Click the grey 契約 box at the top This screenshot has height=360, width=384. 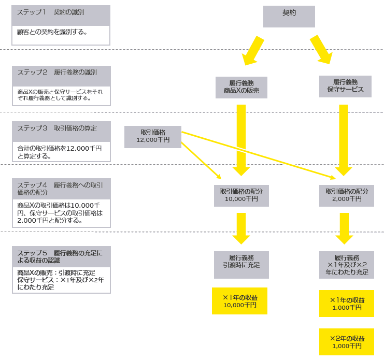point(289,16)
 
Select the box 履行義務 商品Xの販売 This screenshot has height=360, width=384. point(241,88)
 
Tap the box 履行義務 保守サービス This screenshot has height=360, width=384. point(345,87)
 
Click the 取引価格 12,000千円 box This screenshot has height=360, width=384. point(153,137)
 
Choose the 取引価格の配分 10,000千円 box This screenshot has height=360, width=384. point(241,195)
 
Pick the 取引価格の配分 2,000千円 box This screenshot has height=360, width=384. point(347,195)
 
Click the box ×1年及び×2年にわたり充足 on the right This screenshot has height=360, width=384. point(347,265)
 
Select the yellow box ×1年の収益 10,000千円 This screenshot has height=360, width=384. point(239,301)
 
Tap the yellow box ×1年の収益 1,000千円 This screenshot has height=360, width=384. point(347,303)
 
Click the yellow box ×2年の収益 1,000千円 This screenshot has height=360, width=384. point(347,341)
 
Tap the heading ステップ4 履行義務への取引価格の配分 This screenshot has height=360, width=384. point(61,189)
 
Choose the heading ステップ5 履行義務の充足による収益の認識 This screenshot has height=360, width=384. point(61,256)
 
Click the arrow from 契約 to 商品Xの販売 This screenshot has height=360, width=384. point(253,50)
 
